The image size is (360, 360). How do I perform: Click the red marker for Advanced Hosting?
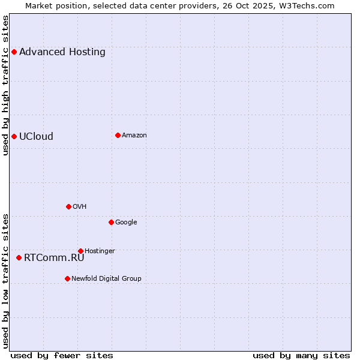[14, 52]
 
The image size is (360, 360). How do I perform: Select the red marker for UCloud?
[14, 136]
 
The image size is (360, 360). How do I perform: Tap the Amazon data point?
[118, 135]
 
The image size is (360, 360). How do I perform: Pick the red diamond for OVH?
[68, 206]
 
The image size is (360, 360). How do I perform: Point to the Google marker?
[111, 222]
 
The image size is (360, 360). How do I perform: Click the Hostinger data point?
[80, 251]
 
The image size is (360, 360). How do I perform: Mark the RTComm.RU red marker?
[19, 257]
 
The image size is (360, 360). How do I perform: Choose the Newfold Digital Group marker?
[67, 278]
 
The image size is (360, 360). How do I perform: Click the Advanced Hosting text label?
[62, 52]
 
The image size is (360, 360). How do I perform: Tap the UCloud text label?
[36, 136]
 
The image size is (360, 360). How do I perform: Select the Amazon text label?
[134, 135]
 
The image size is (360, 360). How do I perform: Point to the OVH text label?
[80, 206]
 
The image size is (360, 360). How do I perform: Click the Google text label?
[126, 222]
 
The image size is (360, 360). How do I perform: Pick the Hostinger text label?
[100, 251]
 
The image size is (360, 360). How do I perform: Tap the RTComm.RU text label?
[54, 257]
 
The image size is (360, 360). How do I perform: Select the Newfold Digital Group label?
[106, 278]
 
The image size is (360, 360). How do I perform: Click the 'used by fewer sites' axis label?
[62, 355]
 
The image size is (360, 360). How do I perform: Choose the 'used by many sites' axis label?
[301, 355]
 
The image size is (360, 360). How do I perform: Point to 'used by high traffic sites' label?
[5, 85]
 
